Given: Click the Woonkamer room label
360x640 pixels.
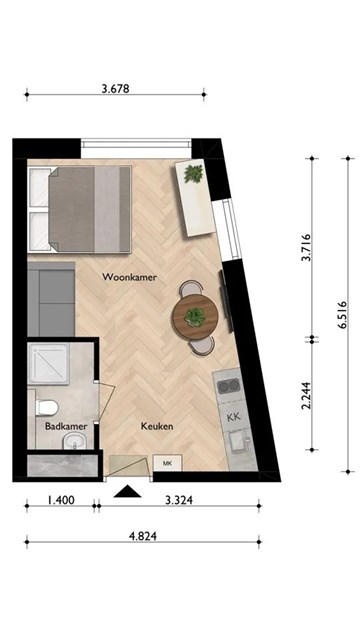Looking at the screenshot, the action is point(129,277).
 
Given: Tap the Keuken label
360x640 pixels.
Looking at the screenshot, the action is point(157,427).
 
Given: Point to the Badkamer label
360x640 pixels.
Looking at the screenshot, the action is point(66,427).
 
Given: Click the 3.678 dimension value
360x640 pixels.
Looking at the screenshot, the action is point(116,89).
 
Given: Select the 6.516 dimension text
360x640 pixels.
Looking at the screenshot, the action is point(342,315).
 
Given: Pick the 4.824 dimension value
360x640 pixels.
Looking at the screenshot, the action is point(142,536).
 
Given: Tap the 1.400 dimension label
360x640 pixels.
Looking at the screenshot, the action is point(61,500).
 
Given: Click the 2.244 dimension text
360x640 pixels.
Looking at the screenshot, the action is point(307,395).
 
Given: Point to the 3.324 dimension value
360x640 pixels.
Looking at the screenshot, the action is point(179,500).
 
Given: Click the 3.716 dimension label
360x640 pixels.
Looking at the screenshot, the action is point(307,247).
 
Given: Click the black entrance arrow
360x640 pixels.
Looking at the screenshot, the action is point(127,491).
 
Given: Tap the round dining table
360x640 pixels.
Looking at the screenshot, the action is point(195,317).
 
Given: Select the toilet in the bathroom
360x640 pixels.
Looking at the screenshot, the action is point(47,407).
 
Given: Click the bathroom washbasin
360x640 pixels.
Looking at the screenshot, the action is point(75,442).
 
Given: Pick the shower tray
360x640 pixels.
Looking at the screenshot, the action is point(48,364).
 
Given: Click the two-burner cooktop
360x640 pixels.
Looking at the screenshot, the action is point(228,386).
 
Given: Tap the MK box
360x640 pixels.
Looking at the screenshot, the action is point(167,463).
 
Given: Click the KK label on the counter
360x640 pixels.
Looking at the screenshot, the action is point(234,417).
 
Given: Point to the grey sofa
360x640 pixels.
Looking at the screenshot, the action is point(51,299).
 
